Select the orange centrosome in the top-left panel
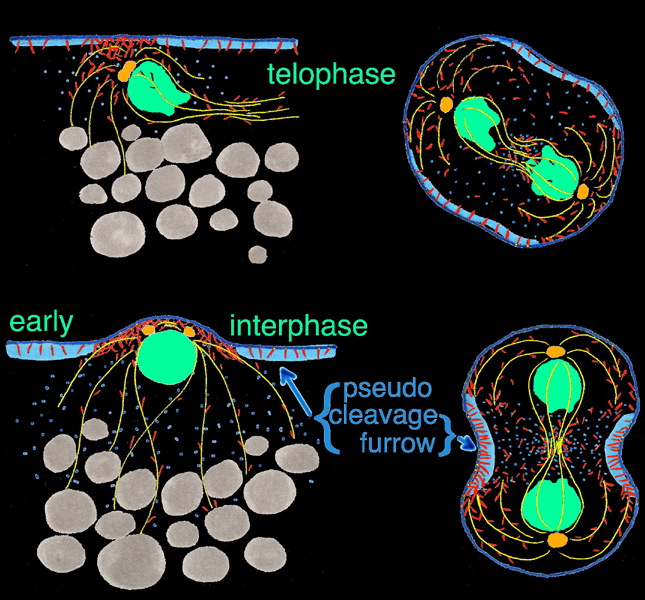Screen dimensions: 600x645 127,72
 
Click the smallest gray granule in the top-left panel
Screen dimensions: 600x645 256,252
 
